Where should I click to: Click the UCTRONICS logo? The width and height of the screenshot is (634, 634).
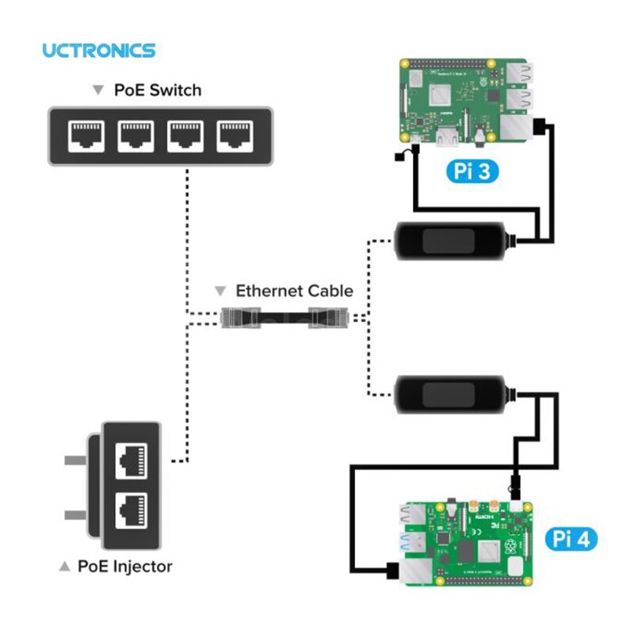pyautogui.click(x=98, y=51)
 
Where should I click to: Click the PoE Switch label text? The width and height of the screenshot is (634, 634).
pyautogui.click(x=157, y=90)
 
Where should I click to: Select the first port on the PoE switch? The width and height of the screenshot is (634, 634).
pyautogui.click(x=86, y=137)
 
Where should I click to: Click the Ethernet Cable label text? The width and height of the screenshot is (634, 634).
pyautogui.click(x=294, y=291)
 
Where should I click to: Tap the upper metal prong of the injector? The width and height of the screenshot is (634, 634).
pyautogui.click(x=76, y=460)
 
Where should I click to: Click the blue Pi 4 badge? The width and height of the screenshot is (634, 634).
pyautogui.click(x=571, y=540)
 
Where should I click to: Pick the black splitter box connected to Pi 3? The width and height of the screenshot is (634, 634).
pyautogui.click(x=450, y=239)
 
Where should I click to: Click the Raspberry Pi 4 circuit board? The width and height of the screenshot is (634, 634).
pyautogui.click(x=468, y=540)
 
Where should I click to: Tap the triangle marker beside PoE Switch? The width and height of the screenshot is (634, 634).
pyautogui.click(x=97, y=90)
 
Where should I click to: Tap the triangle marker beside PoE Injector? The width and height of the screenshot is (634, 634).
pyautogui.click(x=65, y=567)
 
